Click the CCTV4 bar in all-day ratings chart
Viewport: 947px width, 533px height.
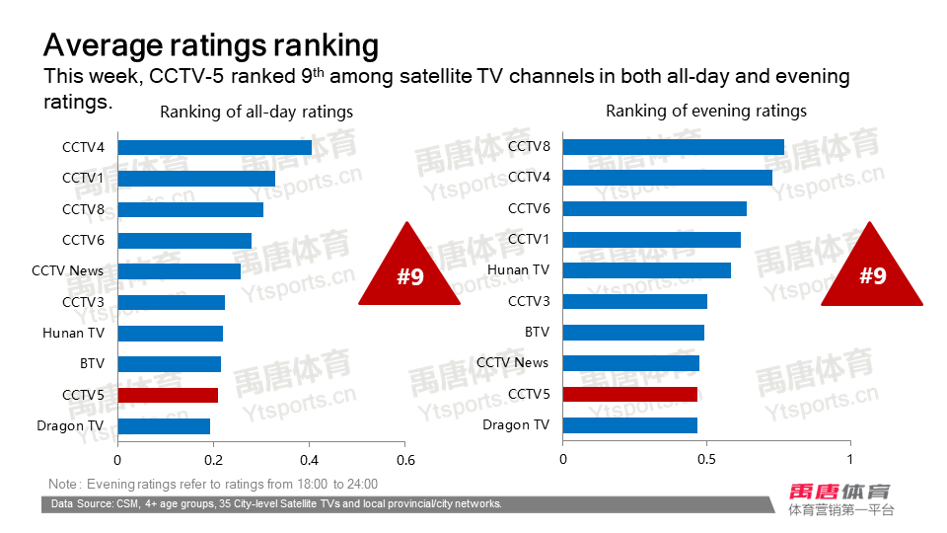pos(215,147)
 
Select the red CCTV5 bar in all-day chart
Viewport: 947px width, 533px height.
pos(168,395)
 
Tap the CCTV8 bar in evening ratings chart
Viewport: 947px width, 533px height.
pos(674,147)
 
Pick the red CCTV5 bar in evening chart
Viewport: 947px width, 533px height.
pos(630,394)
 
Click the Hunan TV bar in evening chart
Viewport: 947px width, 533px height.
pos(647,270)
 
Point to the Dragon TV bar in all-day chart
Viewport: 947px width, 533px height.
pos(164,426)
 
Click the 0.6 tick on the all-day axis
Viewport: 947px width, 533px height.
pos(405,460)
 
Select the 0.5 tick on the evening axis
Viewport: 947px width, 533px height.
pos(706,460)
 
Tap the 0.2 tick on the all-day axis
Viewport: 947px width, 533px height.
pos(213,460)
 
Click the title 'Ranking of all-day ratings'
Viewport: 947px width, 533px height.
pos(256,112)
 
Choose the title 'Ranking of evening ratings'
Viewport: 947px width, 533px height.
pos(706,111)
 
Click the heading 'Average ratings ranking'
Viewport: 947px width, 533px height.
pos(211,45)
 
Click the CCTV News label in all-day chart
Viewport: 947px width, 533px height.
pos(67,270)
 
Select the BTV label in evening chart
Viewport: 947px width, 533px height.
pos(537,333)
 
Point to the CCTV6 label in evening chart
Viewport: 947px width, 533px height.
pos(529,208)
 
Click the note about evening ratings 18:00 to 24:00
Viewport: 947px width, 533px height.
pos(213,484)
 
